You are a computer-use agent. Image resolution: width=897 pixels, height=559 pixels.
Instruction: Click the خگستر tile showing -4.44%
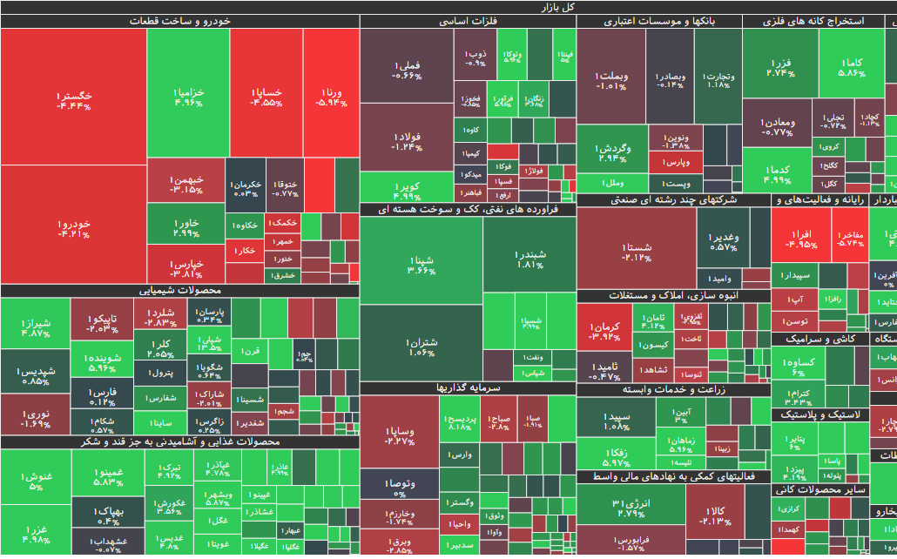pos(73,99)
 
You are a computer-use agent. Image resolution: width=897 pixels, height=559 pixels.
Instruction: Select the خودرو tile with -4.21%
pos(73,228)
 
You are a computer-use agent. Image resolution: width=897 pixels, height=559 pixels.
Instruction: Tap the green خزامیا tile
pos(188,96)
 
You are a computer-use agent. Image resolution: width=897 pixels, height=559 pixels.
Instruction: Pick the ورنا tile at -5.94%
pos(331,96)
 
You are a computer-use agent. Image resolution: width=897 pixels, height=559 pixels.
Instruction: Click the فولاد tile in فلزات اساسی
pos(407,141)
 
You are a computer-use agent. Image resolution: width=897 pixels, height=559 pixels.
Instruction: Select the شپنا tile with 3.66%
pos(421,265)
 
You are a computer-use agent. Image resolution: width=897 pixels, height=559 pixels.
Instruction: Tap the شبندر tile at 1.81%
pos(529,259)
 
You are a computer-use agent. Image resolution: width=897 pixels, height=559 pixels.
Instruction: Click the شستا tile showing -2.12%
pos(637,252)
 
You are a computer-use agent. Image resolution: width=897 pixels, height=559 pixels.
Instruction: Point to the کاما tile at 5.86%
pos(852,67)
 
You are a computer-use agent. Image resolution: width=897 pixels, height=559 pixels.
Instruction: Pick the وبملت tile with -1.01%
pos(611,80)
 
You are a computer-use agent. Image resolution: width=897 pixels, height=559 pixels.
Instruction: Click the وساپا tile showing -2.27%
pos(399,435)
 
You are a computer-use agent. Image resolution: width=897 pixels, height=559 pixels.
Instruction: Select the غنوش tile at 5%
pos(36,481)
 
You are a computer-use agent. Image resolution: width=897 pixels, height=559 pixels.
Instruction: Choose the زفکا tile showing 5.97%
pos(615,457)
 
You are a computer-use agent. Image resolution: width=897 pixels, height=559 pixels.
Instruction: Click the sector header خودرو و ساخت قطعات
pos(180,21)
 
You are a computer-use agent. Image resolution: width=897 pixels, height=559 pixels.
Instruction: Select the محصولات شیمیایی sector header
pos(180,291)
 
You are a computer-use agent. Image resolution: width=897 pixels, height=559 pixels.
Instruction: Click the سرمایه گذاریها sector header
pos(468,388)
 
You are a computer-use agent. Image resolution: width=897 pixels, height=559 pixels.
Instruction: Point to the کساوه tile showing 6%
pos(799,366)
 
